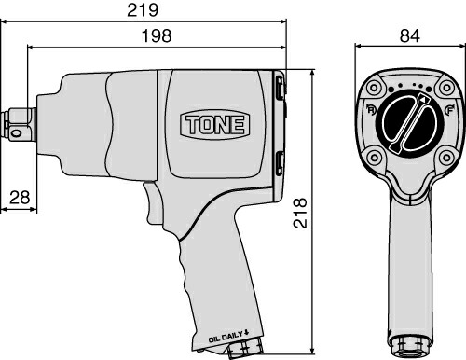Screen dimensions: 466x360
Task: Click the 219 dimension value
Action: point(143,10)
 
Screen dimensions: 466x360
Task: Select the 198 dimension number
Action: point(157,35)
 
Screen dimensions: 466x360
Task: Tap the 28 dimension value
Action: point(20,198)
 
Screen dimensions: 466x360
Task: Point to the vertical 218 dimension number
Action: point(300,213)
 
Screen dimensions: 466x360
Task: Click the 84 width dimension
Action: point(410,35)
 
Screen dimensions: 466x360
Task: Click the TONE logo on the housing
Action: point(215,125)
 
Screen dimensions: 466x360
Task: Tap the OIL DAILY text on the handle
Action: point(228,337)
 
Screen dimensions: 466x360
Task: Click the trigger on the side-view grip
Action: point(153,202)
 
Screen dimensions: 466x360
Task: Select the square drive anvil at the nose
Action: point(19,125)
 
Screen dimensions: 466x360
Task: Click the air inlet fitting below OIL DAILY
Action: point(246,348)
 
